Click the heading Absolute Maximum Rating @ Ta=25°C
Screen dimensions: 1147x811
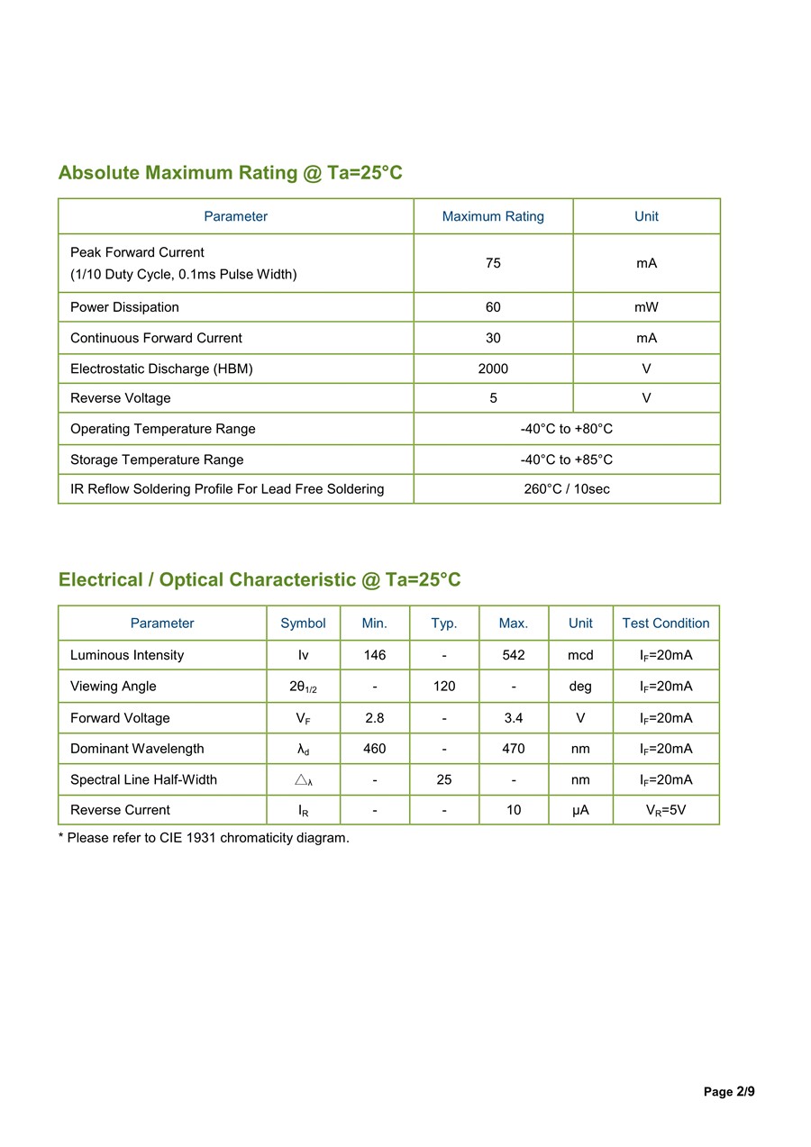coord(230,172)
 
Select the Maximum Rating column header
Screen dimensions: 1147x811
coord(493,216)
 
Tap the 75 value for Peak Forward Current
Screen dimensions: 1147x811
coord(493,263)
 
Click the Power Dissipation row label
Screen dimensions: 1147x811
coord(124,307)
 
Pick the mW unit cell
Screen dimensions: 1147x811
coord(646,307)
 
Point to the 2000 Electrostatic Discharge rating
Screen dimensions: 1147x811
coord(493,369)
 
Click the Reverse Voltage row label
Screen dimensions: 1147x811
coord(120,398)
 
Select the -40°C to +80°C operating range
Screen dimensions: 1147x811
coord(567,429)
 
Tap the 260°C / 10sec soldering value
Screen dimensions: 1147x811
coord(567,489)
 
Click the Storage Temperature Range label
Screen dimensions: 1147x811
coord(157,460)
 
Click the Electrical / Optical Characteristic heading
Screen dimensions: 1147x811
coord(260,579)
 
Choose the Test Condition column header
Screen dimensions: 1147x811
coord(666,624)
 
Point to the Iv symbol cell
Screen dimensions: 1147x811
coord(304,655)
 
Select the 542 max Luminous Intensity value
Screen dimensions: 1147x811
coord(514,655)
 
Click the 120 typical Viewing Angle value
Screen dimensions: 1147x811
coord(444,687)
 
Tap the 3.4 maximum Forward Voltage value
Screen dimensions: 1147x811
coord(514,718)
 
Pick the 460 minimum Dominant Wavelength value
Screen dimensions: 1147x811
coord(375,749)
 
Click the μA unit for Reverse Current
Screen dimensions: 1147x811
coord(580,810)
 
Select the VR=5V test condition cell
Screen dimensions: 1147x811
coord(666,810)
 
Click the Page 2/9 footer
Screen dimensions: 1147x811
coord(729,1092)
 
